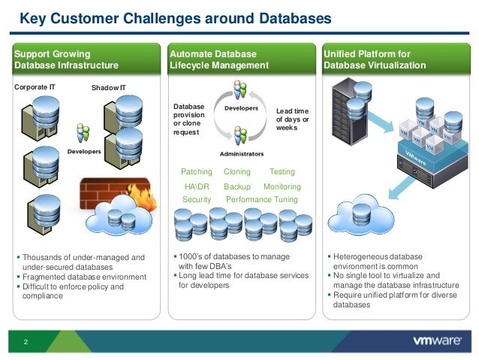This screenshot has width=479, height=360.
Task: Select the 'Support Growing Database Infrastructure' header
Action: pyautogui.click(x=67, y=59)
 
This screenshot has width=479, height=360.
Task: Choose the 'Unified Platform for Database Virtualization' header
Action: pyautogui.click(x=375, y=59)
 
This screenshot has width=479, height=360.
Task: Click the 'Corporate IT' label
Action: pyautogui.click(x=35, y=87)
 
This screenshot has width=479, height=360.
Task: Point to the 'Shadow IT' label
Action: pyautogui.click(x=109, y=88)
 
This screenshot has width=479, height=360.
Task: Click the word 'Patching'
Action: pyautogui.click(x=197, y=172)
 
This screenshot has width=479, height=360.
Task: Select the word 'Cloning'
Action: pyautogui.click(x=237, y=172)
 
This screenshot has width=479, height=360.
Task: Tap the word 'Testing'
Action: pyautogui.click(x=282, y=172)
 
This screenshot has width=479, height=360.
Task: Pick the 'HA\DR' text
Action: pyautogui.click(x=197, y=186)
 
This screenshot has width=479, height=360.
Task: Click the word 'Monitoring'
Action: pyautogui.click(x=282, y=186)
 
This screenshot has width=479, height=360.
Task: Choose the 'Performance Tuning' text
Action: pyautogui.click(x=262, y=200)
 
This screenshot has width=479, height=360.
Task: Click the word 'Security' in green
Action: pyautogui.click(x=197, y=200)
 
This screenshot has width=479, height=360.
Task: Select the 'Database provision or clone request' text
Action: pyautogui.click(x=188, y=119)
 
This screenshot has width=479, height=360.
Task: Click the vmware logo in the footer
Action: pyautogui.click(x=437, y=340)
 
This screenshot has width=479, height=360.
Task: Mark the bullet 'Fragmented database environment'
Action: pyautogui.click(x=84, y=277)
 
